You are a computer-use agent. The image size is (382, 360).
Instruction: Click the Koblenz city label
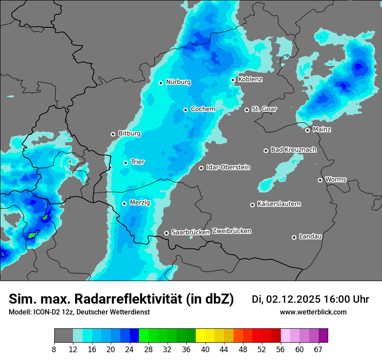250,79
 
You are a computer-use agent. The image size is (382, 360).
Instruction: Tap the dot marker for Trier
126,163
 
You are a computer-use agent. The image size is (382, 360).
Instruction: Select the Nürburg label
178,82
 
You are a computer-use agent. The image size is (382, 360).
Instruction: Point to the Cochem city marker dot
185,110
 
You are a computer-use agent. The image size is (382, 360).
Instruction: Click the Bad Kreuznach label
293,150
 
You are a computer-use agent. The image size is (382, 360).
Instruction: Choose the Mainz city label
322,129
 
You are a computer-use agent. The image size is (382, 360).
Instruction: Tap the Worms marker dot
320,180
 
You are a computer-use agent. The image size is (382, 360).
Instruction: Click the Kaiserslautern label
279,204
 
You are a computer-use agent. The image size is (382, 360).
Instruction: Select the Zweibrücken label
231,231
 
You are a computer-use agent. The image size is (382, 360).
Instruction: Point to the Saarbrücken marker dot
166,233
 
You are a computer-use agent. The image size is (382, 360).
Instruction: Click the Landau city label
310,236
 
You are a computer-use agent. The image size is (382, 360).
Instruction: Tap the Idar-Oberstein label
228,167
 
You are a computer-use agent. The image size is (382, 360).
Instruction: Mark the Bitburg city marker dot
113,134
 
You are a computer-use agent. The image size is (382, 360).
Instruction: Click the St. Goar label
264,109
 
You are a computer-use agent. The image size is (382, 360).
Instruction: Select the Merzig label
140,203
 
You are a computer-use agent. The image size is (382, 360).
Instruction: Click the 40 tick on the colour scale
205,349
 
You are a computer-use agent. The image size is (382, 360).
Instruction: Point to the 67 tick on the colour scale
319,349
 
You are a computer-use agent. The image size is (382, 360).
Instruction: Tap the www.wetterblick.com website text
313,312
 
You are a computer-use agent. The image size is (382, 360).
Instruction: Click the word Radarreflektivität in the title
128,299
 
